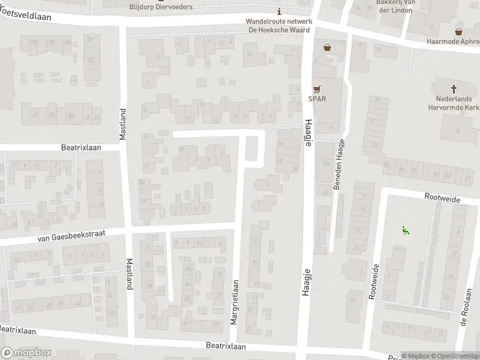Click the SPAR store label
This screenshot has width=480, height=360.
tap(317, 99)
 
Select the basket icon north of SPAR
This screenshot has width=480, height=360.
tap(327, 47)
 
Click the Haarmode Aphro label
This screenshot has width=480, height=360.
tap(453, 41)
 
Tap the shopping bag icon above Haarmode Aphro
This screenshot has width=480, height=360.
tap(458, 32)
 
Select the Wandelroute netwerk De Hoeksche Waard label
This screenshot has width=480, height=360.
tap(278, 25)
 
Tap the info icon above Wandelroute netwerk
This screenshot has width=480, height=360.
tap(278, 12)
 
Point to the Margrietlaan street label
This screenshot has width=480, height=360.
tap(235, 302)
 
